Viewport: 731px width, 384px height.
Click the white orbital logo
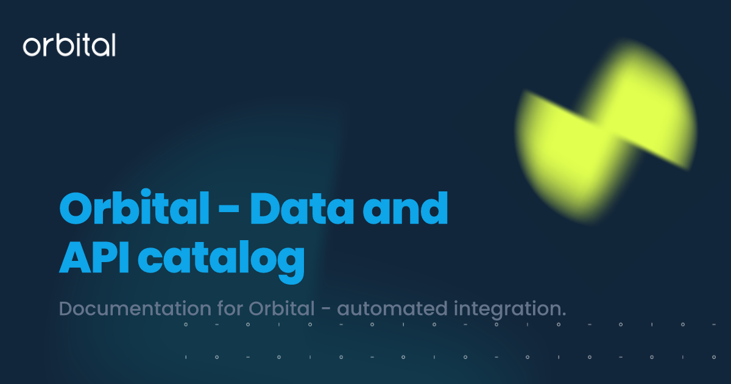(x=69, y=46)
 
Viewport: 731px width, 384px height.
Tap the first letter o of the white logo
(x=31, y=48)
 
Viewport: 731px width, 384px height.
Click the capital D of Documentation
(x=65, y=308)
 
